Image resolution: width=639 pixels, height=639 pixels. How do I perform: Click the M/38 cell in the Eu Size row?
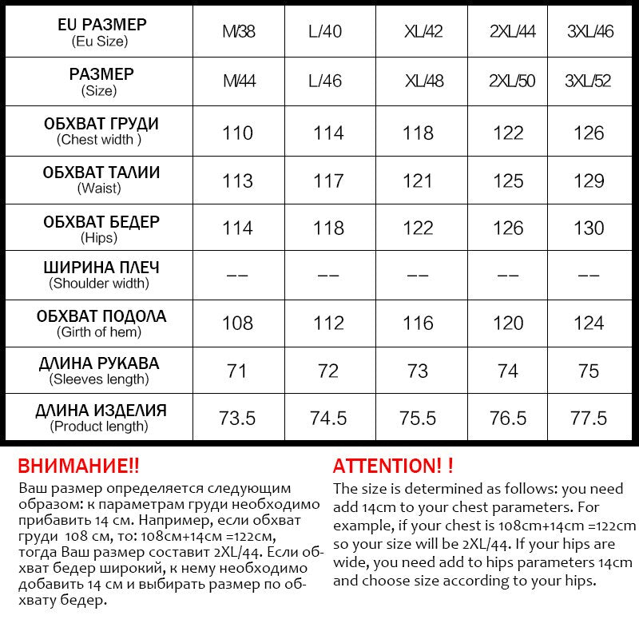click(238, 32)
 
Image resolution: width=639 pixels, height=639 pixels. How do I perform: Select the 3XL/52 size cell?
click(588, 81)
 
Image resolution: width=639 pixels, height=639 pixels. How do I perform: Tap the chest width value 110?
click(238, 133)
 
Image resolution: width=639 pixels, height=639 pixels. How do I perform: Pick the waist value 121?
click(418, 181)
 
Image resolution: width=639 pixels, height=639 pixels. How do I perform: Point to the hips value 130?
click(589, 228)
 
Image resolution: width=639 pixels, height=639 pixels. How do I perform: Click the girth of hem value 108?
click(238, 323)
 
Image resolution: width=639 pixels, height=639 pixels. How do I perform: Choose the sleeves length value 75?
click(589, 371)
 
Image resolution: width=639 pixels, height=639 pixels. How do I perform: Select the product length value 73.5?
click(238, 419)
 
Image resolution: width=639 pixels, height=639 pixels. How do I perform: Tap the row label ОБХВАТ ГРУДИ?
click(101, 124)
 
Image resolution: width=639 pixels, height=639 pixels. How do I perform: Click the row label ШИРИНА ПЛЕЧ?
click(101, 267)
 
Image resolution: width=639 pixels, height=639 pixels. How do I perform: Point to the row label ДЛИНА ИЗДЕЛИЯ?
click(101, 411)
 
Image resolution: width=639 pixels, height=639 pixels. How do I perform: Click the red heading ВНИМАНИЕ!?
click(78, 466)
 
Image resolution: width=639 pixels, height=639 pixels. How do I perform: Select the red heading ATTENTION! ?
click(393, 466)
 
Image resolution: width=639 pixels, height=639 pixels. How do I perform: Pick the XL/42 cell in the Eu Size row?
click(423, 32)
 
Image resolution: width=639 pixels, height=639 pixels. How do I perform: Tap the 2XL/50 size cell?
click(512, 81)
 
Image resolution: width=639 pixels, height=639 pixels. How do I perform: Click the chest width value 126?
click(589, 133)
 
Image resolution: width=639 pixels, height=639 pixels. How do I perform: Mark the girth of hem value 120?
click(508, 323)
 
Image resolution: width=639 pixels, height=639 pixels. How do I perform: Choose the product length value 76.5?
click(508, 419)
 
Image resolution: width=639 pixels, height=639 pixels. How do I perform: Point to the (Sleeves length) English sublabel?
click(99, 379)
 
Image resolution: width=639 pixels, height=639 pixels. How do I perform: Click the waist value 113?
click(238, 181)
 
